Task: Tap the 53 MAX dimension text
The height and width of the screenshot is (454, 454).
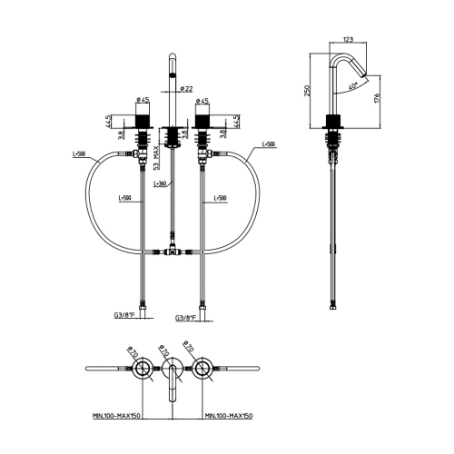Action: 156,154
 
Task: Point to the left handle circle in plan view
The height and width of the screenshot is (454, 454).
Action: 142,368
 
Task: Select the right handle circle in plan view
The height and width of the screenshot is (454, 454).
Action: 201,368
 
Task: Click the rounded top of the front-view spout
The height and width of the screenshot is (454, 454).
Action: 171,59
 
